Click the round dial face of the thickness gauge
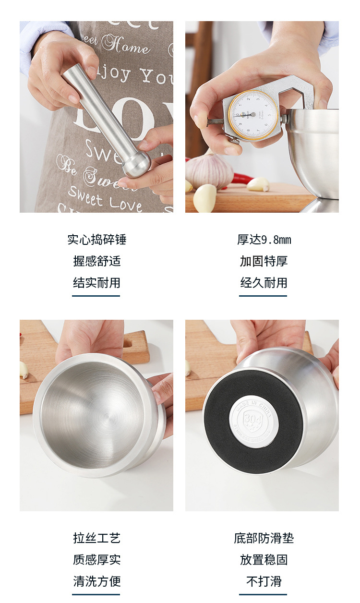[253, 115]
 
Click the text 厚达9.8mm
[264, 240]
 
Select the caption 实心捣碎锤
[96, 240]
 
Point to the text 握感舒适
[96, 261]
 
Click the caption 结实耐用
[96, 283]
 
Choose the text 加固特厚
[264, 261]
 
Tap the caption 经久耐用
[264, 283]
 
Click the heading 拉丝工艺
[96, 538]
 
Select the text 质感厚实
[96, 560]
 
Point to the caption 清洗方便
[96, 581]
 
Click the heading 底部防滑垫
[264, 538]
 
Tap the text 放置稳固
[264, 560]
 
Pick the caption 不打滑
[264, 581]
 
